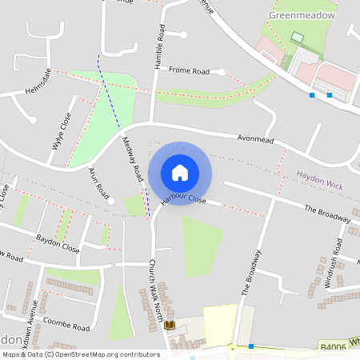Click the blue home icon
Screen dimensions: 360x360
click(180, 172)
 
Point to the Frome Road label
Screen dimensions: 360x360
click(189, 71)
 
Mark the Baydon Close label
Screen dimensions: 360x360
click(58, 243)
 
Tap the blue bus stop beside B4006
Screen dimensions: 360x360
click(251, 346)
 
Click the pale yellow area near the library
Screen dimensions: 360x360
click(220, 323)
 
